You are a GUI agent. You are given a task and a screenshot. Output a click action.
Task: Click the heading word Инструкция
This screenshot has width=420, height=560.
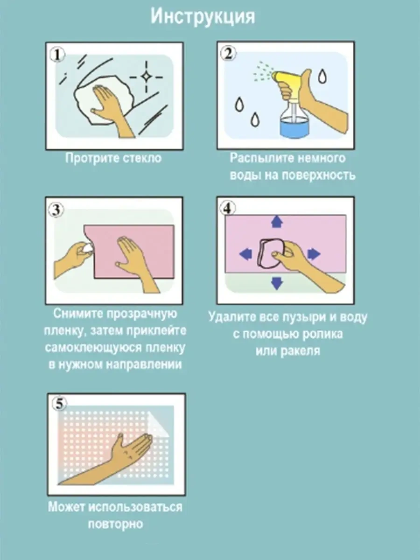[203, 17]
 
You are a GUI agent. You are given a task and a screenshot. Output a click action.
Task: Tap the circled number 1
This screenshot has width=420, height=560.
[57, 55]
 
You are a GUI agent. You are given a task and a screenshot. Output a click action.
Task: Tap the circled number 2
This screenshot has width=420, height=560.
[228, 53]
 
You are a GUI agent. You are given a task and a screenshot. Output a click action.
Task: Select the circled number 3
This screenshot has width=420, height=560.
[56, 210]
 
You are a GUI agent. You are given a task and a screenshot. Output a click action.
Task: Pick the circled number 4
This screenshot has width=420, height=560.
[228, 208]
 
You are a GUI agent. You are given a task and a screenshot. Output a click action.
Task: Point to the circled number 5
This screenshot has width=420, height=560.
[59, 403]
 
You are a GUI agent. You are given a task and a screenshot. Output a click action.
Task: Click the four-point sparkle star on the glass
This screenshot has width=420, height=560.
[147, 77]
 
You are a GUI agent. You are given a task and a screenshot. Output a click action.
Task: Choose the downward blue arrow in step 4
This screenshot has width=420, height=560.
[277, 283]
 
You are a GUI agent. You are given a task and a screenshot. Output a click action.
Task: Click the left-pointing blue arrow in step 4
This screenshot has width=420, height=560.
[246, 254]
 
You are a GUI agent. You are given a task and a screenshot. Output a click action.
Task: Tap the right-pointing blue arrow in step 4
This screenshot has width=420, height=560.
[314, 254]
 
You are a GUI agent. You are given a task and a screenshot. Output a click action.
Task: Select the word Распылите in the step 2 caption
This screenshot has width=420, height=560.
[262, 158]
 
